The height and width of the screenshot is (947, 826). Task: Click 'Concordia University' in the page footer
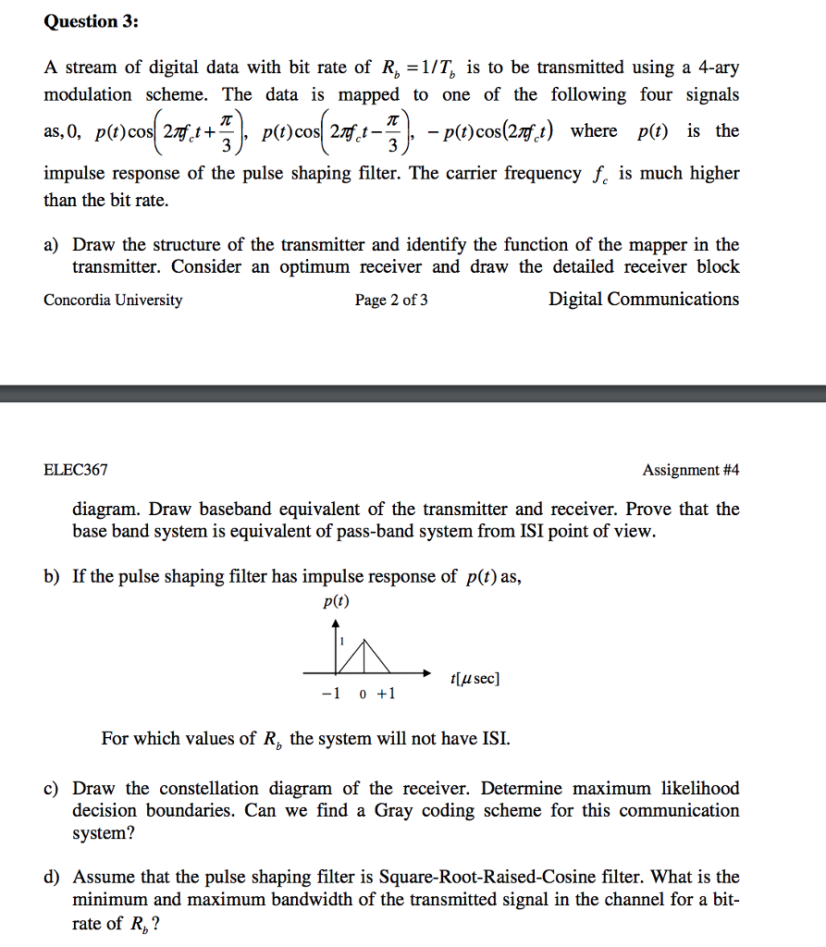tap(113, 300)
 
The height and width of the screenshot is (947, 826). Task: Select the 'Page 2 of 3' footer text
tap(391, 300)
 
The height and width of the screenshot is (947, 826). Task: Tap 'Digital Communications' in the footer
tap(644, 299)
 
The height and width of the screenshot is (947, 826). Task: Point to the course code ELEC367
tap(76, 470)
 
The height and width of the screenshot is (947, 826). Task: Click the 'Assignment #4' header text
tap(691, 470)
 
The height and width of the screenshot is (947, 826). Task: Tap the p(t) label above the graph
tap(336, 601)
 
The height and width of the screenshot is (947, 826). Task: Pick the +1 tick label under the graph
tap(385, 695)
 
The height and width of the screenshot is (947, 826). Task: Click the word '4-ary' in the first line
tap(717, 68)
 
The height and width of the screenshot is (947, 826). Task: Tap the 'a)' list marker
tap(52, 245)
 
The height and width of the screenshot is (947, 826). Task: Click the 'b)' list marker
tap(52, 577)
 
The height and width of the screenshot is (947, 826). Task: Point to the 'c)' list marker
tap(52, 789)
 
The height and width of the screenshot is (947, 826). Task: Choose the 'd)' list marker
tap(52, 877)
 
